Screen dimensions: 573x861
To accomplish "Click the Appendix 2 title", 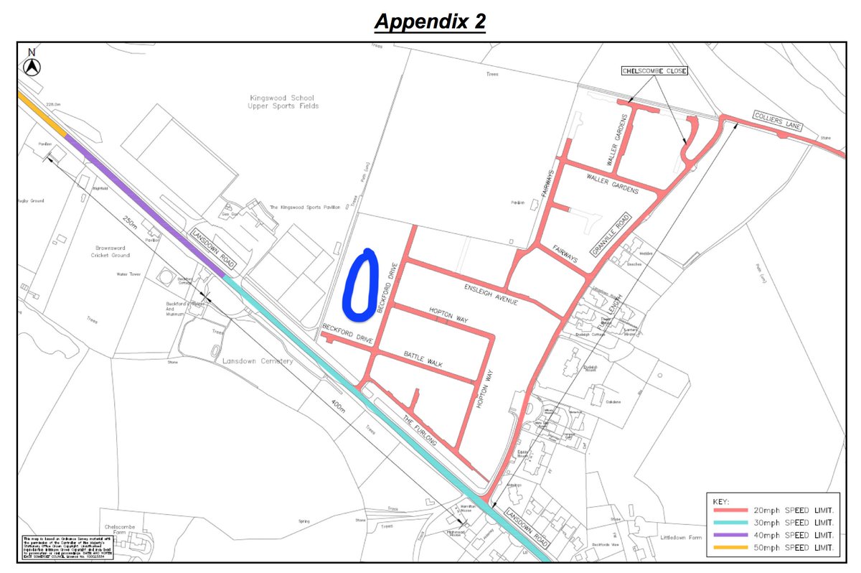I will coord(430,22).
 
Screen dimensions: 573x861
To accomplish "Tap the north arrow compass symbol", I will coord(32,65).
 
